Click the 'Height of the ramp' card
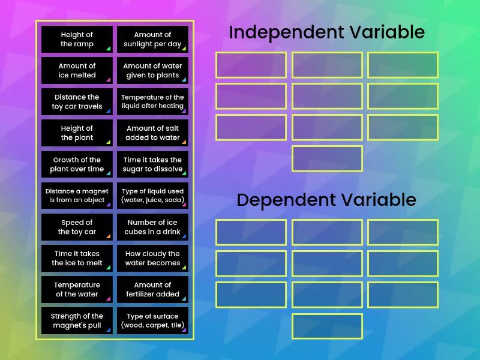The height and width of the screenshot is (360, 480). (x=77, y=39)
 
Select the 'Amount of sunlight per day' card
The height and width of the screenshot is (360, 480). (x=152, y=39)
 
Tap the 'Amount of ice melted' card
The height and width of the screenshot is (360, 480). (x=77, y=70)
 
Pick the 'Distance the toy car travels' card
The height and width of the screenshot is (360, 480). (x=77, y=101)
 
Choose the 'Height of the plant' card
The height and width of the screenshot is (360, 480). (x=77, y=133)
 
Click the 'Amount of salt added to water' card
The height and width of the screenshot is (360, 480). (x=152, y=133)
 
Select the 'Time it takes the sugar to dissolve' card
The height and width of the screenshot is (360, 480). (x=152, y=164)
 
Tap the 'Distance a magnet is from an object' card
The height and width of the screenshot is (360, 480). (x=77, y=196)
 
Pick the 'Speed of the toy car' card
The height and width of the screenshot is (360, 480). (x=77, y=227)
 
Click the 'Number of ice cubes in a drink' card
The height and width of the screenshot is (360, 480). (x=152, y=227)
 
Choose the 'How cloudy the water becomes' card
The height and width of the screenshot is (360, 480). (x=152, y=258)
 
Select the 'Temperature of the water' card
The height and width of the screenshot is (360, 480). (x=77, y=289)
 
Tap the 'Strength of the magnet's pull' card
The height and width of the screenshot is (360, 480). (x=77, y=320)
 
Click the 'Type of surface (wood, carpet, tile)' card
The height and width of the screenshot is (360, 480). (x=152, y=320)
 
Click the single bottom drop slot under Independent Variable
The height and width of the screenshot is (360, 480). (x=327, y=158)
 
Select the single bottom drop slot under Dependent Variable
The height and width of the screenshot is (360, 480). (x=327, y=326)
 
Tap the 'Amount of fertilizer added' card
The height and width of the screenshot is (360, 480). (x=152, y=289)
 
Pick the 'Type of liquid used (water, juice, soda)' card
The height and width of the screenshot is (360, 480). (x=152, y=196)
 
